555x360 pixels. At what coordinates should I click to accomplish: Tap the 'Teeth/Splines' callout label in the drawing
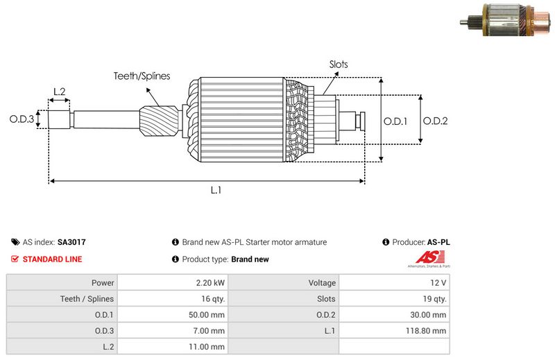(x=142, y=76)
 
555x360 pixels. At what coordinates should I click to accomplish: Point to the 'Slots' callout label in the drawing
(x=339, y=65)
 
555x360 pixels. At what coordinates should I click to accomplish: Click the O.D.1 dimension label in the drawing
(x=395, y=121)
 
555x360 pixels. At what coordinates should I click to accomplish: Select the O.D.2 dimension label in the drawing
(x=436, y=121)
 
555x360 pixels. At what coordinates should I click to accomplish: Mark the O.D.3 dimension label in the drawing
(x=22, y=119)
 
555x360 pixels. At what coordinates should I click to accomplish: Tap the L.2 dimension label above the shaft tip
(x=59, y=92)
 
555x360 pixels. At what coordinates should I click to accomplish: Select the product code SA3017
(x=71, y=243)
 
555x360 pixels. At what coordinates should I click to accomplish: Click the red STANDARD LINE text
(x=52, y=259)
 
